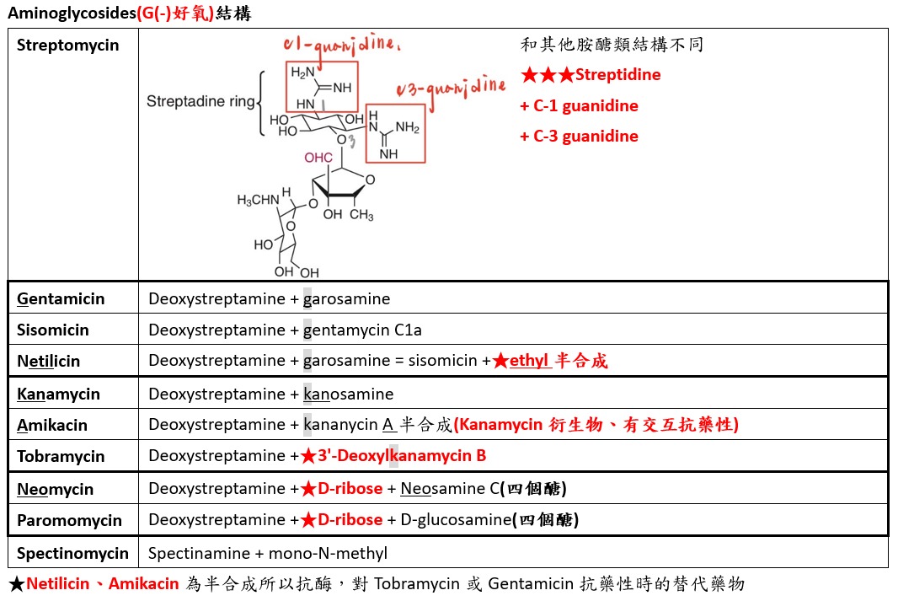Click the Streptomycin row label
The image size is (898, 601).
(x=68, y=46)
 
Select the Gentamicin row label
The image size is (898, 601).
(x=61, y=298)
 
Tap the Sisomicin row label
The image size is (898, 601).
(x=52, y=330)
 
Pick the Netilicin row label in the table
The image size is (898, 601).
(x=49, y=361)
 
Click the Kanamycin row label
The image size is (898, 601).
(x=58, y=394)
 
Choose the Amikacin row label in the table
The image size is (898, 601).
(x=52, y=425)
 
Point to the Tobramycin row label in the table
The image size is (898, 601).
(x=61, y=456)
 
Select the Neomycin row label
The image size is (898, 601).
(x=55, y=489)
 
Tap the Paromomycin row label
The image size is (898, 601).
(x=69, y=520)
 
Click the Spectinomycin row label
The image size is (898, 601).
(x=72, y=553)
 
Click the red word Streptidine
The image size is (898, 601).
(x=617, y=75)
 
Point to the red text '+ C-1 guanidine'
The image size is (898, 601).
(x=579, y=106)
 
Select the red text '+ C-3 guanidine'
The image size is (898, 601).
(x=579, y=137)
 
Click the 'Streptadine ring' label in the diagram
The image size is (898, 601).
(x=200, y=102)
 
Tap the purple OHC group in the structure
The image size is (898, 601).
(x=318, y=158)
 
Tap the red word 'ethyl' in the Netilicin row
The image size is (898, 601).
(x=529, y=361)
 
